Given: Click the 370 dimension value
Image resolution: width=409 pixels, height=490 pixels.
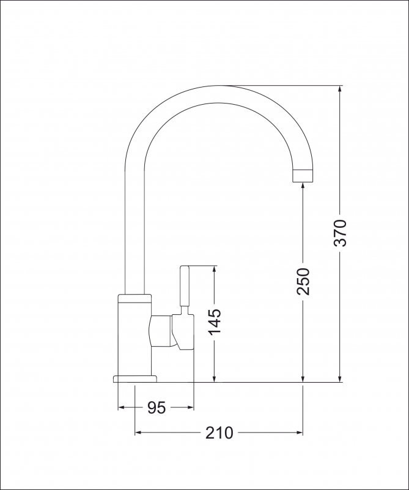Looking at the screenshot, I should tap(341, 232).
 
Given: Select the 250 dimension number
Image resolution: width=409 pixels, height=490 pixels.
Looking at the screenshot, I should tap(304, 281).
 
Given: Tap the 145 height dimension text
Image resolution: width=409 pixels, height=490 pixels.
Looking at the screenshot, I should tap(215, 322).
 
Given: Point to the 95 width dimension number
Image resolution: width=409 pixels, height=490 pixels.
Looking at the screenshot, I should tap(157, 407).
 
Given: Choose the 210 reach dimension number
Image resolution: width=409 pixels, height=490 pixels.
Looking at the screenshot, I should tap(219, 433).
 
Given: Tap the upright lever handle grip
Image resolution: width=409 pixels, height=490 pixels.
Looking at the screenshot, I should tap(186, 288).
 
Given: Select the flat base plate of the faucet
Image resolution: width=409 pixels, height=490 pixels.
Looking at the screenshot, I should tap(135, 378).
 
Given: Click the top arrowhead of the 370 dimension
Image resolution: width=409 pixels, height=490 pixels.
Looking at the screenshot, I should tap(340, 89).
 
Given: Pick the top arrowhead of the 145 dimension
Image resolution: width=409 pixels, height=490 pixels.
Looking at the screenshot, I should tap(214, 269).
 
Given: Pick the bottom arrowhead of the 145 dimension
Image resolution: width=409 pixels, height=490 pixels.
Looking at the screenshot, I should tap(214, 378).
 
